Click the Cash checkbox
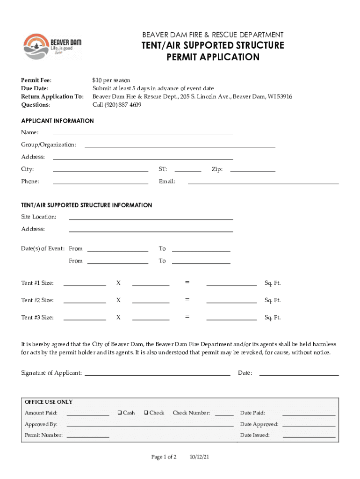120,413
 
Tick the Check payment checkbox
146,413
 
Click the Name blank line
143,132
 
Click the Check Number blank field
224,413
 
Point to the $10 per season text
111,80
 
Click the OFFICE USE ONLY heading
49,402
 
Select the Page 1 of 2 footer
164,457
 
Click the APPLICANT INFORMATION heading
58,121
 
